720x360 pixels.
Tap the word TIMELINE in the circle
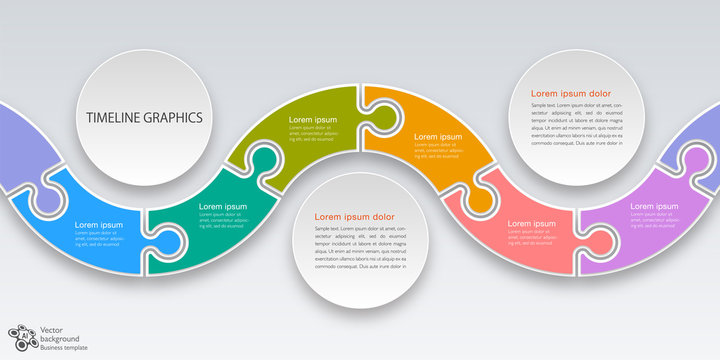coord(110,117)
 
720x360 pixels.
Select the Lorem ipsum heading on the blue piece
coord(99,225)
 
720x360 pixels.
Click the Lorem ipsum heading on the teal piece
coord(223,206)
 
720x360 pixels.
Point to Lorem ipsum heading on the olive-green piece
coord(313,120)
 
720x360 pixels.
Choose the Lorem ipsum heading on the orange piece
coord(438,136)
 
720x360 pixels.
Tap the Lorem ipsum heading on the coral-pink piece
coord(531,223)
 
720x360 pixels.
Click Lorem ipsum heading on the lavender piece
coord(654,206)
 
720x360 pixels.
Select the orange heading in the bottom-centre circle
coord(355,216)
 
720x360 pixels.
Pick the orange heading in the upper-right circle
coord(571,93)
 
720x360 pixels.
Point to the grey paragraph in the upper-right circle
coord(578,124)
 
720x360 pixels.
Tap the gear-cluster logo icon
coord(21,337)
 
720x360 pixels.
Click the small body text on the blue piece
coord(98,240)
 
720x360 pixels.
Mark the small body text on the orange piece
coord(438,151)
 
